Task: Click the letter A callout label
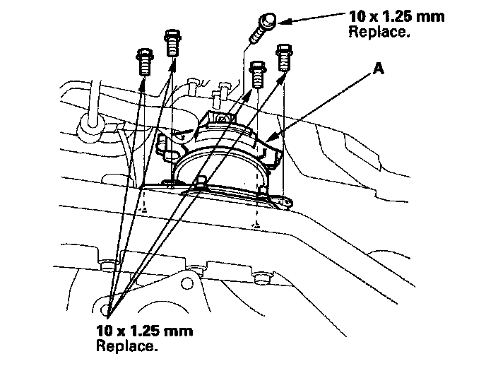[x=378, y=68]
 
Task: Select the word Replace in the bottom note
[x=126, y=346]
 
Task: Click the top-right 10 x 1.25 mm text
[x=397, y=16]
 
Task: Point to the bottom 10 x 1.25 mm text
[x=144, y=331]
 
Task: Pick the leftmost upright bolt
[x=145, y=61]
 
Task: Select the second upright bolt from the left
[x=172, y=43]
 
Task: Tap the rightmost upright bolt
[x=284, y=58]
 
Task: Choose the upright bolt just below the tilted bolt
[x=258, y=74]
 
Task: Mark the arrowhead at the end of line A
[x=272, y=136]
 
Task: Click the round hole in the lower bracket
[x=186, y=283]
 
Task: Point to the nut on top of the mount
[x=222, y=118]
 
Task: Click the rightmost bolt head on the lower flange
[x=263, y=278]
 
